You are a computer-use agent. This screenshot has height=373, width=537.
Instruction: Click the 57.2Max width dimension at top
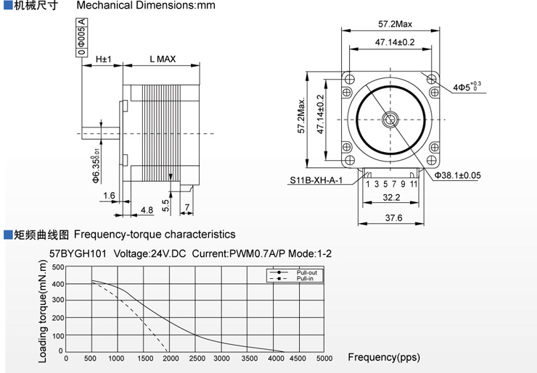point(395,24)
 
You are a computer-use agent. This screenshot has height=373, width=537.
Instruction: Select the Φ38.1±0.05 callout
point(458,175)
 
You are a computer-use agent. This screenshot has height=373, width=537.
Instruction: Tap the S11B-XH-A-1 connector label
point(316,180)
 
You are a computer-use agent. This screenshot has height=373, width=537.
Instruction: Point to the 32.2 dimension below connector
point(391,197)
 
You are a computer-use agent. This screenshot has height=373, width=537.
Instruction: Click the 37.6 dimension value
point(393,218)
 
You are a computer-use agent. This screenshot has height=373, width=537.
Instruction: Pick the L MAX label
point(163,59)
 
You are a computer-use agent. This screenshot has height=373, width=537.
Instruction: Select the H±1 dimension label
point(104,59)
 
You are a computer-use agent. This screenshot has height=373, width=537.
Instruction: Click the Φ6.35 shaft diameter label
point(96,165)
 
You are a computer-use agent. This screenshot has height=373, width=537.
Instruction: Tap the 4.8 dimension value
point(147,210)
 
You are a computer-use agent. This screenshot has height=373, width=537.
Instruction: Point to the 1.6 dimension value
point(109,196)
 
